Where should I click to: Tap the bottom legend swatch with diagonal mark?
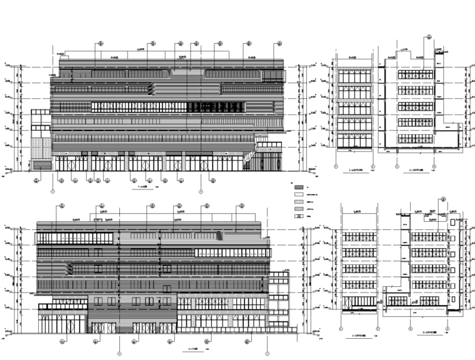(x=299, y=216)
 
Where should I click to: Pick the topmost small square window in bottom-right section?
(x=452, y=222)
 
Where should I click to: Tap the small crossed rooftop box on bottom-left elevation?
(x=98, y=220)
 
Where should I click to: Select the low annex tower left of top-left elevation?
(x=41, y=141)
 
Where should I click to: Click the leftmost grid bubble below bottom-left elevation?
(x=63, y=341)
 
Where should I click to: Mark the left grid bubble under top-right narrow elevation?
(x=337, y=167)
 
